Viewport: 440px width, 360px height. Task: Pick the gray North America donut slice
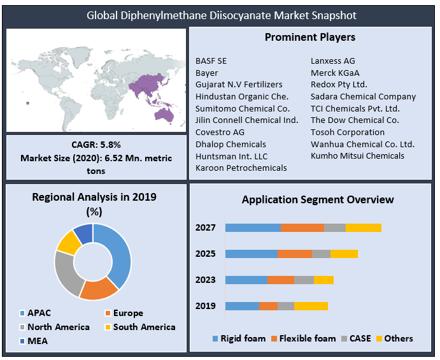pos(66,273)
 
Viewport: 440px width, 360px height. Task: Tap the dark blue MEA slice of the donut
pos(83,232)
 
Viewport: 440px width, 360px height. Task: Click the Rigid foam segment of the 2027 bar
pos(253,228)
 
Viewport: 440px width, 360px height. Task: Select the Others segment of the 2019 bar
pos(311,306)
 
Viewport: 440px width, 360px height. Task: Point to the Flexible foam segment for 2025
pos(294,254)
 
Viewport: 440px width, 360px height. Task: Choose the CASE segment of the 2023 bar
pos(304,280)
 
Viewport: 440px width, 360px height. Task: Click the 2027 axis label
pos(206,228)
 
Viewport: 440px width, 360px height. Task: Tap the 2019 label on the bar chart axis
pos(206,306)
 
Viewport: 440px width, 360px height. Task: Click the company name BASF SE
pos(211,61)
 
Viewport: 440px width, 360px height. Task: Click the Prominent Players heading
pos(310,38)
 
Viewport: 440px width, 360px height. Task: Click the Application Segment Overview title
pos(318,200)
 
